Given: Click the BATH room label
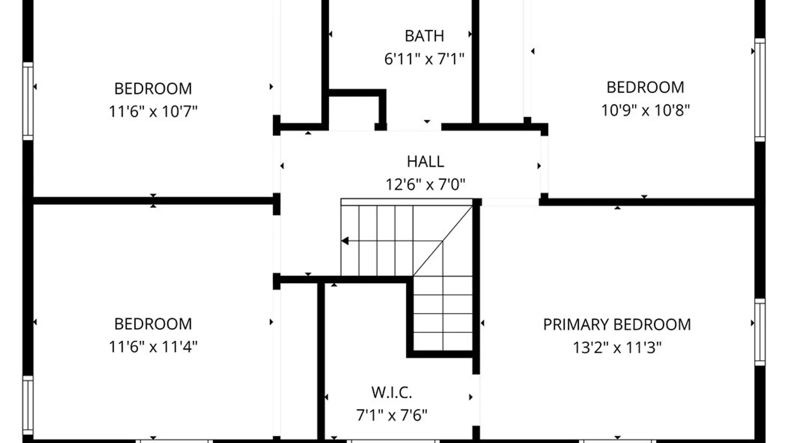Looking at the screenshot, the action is coord(424,36).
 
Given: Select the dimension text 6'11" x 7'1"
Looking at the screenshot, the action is coord(424,59).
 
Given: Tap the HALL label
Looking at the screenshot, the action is coord(425,162).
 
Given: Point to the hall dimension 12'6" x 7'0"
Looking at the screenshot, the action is coord(425,185).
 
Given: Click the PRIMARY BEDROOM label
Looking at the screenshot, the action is coord(617,325).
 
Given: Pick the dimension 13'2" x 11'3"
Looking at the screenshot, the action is coord(617,348).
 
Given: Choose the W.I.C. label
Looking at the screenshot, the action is coord(392,393).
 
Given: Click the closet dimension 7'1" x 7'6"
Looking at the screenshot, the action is coord(392,416).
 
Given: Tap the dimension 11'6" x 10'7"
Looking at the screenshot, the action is coord(153,111).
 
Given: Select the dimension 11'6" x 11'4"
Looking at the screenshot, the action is coord(153,347).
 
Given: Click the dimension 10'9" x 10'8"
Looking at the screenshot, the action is coord(646,110).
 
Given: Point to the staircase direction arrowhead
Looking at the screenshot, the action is coord(345,241).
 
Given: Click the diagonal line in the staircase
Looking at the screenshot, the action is coord(443,241).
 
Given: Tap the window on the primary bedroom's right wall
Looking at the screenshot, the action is coord(760,332).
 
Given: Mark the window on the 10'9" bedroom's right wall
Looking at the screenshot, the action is coord(760,90).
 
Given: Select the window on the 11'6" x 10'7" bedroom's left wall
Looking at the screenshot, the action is coord(28,101).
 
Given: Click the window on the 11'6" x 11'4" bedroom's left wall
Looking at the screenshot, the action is coord(28,405).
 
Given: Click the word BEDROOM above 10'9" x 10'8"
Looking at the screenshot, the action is coord(646,87).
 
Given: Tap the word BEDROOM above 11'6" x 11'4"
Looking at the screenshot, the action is coord(153,324).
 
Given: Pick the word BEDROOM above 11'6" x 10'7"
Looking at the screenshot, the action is coord(153,89).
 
